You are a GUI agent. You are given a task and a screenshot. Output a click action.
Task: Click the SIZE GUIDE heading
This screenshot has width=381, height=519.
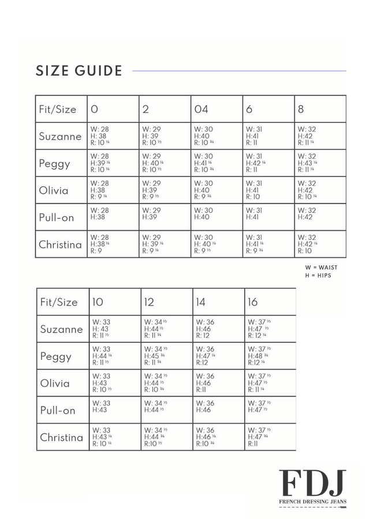pyautogui.click(x=79, y=71)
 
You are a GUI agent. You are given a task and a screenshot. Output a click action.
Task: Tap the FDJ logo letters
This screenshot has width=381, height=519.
pyautogui.click(x=312, y=483)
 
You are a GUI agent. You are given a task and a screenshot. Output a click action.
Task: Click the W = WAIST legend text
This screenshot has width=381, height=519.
pyautogui.click(x=322, y=268)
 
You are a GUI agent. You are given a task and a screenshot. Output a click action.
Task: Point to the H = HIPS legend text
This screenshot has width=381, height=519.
pyautogui.click(x=318, y=276)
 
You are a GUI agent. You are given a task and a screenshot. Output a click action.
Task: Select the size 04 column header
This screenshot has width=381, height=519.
pyautogui.click(x=201, y=109)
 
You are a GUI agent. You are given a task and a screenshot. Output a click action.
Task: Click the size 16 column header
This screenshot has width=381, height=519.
pyautogui.click(x=253, y=302)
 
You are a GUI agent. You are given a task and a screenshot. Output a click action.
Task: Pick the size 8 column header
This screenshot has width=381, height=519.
pyautogui.click(x=301, y=109)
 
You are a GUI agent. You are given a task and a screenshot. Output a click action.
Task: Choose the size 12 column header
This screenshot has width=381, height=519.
pyautogui.click(x=150, y=302)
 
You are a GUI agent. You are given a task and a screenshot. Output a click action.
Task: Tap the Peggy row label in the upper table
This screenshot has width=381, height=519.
pyautogui.click(x=54, y=164)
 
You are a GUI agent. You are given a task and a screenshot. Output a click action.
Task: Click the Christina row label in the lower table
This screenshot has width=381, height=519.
pyautogui.click(x=61, y=437)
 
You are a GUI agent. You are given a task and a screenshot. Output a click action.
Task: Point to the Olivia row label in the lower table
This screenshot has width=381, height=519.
pyautogui.click(x=55, y=383)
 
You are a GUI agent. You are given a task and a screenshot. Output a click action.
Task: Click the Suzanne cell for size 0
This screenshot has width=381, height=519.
pyautogui.click(x=113, y=136)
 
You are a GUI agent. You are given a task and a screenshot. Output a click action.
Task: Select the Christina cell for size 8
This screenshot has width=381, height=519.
pyautogui.click(x=320, y=244)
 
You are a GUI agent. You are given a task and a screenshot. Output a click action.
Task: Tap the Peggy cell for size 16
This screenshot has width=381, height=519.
pyautogui.click(x=270, y=356)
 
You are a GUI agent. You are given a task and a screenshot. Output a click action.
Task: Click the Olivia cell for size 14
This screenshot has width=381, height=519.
pyautogui.click(x=218, y=383)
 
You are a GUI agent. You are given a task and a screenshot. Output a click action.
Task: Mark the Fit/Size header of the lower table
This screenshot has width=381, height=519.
pyautogui.click(x=58, y=302)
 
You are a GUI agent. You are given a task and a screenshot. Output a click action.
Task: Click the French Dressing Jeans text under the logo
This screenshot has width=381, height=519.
pyautogui.click(x=312, y=502)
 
